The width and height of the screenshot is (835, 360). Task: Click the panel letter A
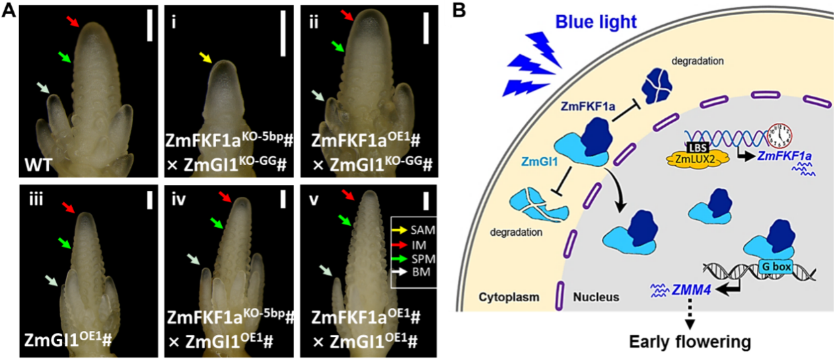point(9,12)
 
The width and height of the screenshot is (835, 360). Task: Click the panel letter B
point(459,11)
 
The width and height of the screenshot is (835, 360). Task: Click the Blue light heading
point(595,22)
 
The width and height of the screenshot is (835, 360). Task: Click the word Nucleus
point(596,297)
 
